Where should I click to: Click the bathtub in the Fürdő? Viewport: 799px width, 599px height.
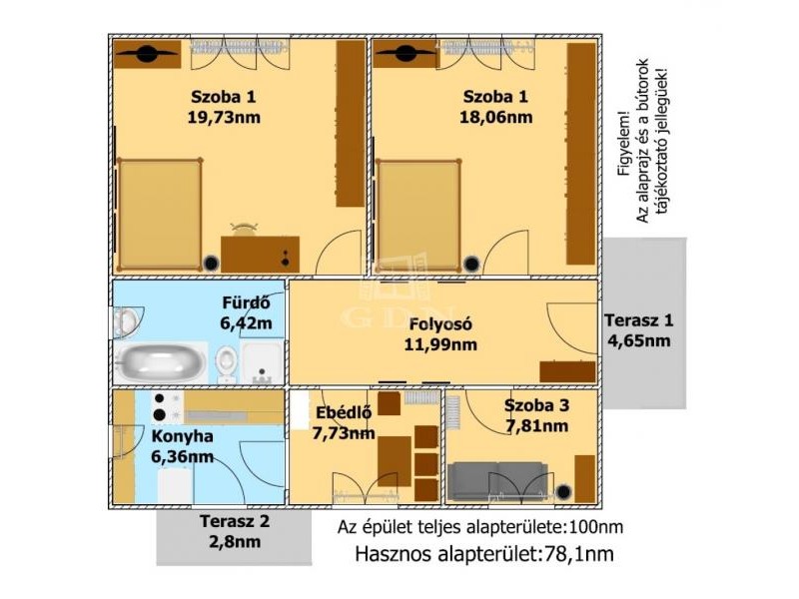click(161, 362)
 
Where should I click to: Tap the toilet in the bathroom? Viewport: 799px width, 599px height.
click(226, 363)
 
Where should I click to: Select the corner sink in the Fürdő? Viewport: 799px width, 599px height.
click(127, 322)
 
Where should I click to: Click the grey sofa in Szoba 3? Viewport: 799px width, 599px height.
click(497, 481)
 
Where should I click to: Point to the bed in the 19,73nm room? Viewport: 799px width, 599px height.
click(160, 215)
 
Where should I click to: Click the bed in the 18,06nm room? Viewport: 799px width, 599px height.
click(418, 215)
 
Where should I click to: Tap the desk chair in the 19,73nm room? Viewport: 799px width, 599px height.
click(244, 229)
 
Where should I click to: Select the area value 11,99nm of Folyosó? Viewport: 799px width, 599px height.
click(440, 344)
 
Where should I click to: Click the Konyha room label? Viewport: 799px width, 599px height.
click(183, 436)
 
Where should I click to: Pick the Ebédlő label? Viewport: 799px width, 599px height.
click(344, 412)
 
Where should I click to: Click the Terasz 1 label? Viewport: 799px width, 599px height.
click(638, 320)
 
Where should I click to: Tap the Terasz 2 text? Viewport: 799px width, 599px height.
click(235, 521)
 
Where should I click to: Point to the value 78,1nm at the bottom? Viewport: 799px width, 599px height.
click(576, 554)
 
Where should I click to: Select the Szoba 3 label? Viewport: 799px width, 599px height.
click(536, 406)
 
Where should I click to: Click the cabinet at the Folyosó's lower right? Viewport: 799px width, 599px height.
click(567, 371)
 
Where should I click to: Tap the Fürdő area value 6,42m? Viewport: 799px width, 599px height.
click(246, 323)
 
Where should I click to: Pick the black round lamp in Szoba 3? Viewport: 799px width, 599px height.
click(563, 492)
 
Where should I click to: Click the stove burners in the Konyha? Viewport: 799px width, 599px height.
click(161, 407)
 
